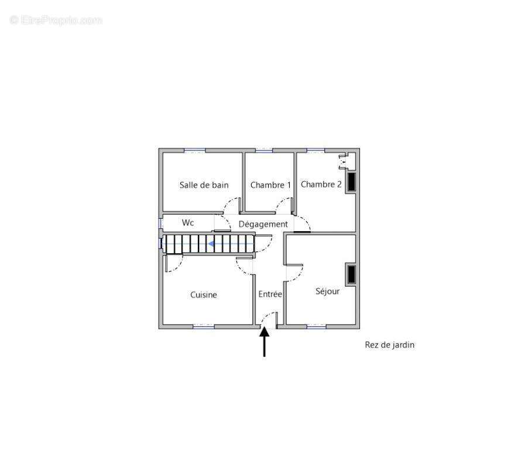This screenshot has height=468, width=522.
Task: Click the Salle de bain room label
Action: [204, 185]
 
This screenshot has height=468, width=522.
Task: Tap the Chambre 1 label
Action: [270, 185]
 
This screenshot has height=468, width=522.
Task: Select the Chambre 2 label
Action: [321, 184]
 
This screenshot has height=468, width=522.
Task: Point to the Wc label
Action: [188, 222]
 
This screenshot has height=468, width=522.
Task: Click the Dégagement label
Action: [263, 224]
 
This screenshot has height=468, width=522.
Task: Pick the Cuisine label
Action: [204, 295]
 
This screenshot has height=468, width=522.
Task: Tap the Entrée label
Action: [270, 294]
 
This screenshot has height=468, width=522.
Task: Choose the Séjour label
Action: [327, 291]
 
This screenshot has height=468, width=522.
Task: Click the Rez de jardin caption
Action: [390, 345]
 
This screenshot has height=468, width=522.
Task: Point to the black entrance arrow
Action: [265, 342]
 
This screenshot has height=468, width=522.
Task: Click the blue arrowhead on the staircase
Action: [211, 244]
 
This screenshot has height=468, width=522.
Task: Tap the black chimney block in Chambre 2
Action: [352, 182]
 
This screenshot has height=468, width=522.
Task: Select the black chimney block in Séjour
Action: [352, 274]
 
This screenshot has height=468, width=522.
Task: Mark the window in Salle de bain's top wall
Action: [195, 151]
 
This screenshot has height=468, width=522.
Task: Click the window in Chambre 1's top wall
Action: [264, 151]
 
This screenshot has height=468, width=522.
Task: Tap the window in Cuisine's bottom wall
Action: [204, 327]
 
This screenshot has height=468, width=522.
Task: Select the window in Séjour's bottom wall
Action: [316, 327]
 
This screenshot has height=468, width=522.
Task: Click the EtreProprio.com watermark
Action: [56, 20]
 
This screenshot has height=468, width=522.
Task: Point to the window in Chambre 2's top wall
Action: [315, 151]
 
